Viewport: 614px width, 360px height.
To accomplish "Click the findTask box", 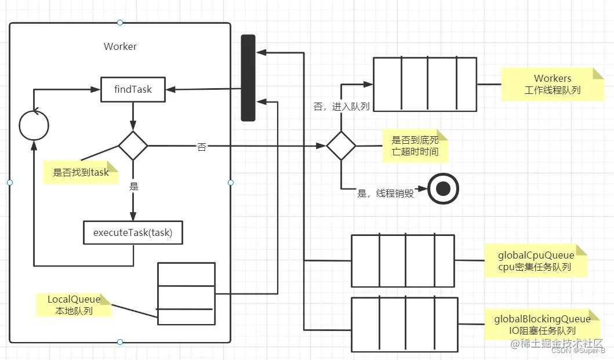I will coord(133,89).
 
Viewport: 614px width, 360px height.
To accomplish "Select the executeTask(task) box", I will coord(133,233).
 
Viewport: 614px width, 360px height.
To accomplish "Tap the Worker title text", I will coord(120,46).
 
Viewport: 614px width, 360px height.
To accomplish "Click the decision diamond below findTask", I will coord(133,146).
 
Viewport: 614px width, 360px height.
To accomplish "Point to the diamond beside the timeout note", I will coord(341,146).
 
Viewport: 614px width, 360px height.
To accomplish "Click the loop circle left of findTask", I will coord(34,124).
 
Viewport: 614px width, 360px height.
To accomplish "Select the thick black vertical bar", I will coord(248,78).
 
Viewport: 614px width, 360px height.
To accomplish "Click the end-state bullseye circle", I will coord(444,189).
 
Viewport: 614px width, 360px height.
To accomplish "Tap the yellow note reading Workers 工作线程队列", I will coord(552,85).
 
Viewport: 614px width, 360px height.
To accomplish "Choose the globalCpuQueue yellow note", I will coord(536,261).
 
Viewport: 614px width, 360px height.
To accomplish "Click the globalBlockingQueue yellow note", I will coord(542,325).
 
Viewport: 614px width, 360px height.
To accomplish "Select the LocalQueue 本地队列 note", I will coord(74,305).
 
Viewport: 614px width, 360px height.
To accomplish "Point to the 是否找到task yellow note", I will coord(81,172).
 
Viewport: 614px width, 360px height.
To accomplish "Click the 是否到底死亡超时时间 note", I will coord(415,146).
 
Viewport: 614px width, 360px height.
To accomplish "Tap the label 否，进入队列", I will coord(341,107).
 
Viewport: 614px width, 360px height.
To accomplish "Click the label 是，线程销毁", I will coord(386,194).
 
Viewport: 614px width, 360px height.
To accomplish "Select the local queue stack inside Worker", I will coord(186,294).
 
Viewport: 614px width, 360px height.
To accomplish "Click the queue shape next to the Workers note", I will coord(424,84).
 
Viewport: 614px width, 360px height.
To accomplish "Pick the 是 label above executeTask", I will coord(134,187).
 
